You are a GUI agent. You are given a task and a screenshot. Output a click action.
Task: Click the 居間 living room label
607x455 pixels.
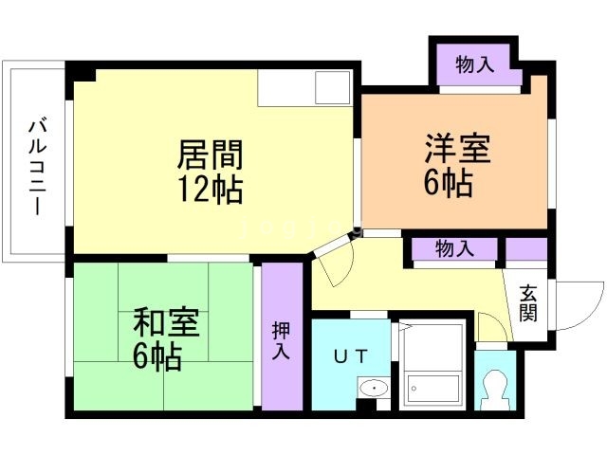tap(211, 154)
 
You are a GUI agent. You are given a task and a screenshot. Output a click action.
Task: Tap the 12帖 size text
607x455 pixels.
tap(211, 188)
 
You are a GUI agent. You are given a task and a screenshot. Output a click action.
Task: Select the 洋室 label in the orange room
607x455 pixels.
tap(457, 149)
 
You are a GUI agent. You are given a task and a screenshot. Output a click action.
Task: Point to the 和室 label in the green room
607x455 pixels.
tap(165, 323)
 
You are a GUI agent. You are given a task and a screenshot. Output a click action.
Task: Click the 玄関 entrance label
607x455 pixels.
tap(528, 302)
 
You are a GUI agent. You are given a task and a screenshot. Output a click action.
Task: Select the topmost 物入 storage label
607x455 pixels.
tap(475, 66)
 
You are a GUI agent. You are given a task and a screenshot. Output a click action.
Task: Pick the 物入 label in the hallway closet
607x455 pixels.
tap(454, 249)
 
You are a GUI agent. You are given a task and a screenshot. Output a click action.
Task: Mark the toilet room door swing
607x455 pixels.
tap(492, 329)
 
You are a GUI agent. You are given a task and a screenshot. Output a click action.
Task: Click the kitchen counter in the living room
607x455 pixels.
tap(304, 89)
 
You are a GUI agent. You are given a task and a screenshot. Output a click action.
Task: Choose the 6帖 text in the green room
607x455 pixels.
tap(156, 357)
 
